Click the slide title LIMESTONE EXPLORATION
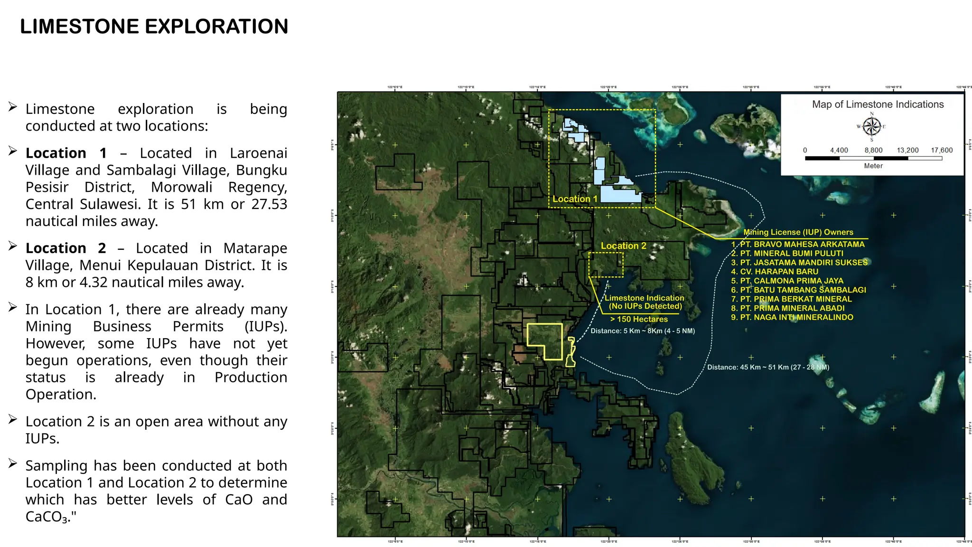point(154,27)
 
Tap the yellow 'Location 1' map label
point(575,199)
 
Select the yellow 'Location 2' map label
point(623,245)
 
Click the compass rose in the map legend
point(871,127)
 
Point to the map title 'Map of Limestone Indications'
point(878,104)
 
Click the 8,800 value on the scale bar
point(873,150)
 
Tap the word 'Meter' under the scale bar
point(873,166)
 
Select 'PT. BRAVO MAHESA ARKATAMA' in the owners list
point(802,244)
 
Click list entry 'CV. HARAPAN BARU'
point(779,272)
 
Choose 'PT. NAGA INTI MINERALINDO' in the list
point(796,317)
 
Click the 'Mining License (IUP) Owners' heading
point(798,232)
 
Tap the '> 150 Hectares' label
point(639,319)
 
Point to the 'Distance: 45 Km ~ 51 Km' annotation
point(768,367)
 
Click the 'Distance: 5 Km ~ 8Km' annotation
point(642,331)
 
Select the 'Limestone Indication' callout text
point(644,298)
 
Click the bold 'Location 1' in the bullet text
point(66,153)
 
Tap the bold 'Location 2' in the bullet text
point(66,248)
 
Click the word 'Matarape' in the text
point(255,248)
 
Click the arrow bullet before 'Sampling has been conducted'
point(13,464)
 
